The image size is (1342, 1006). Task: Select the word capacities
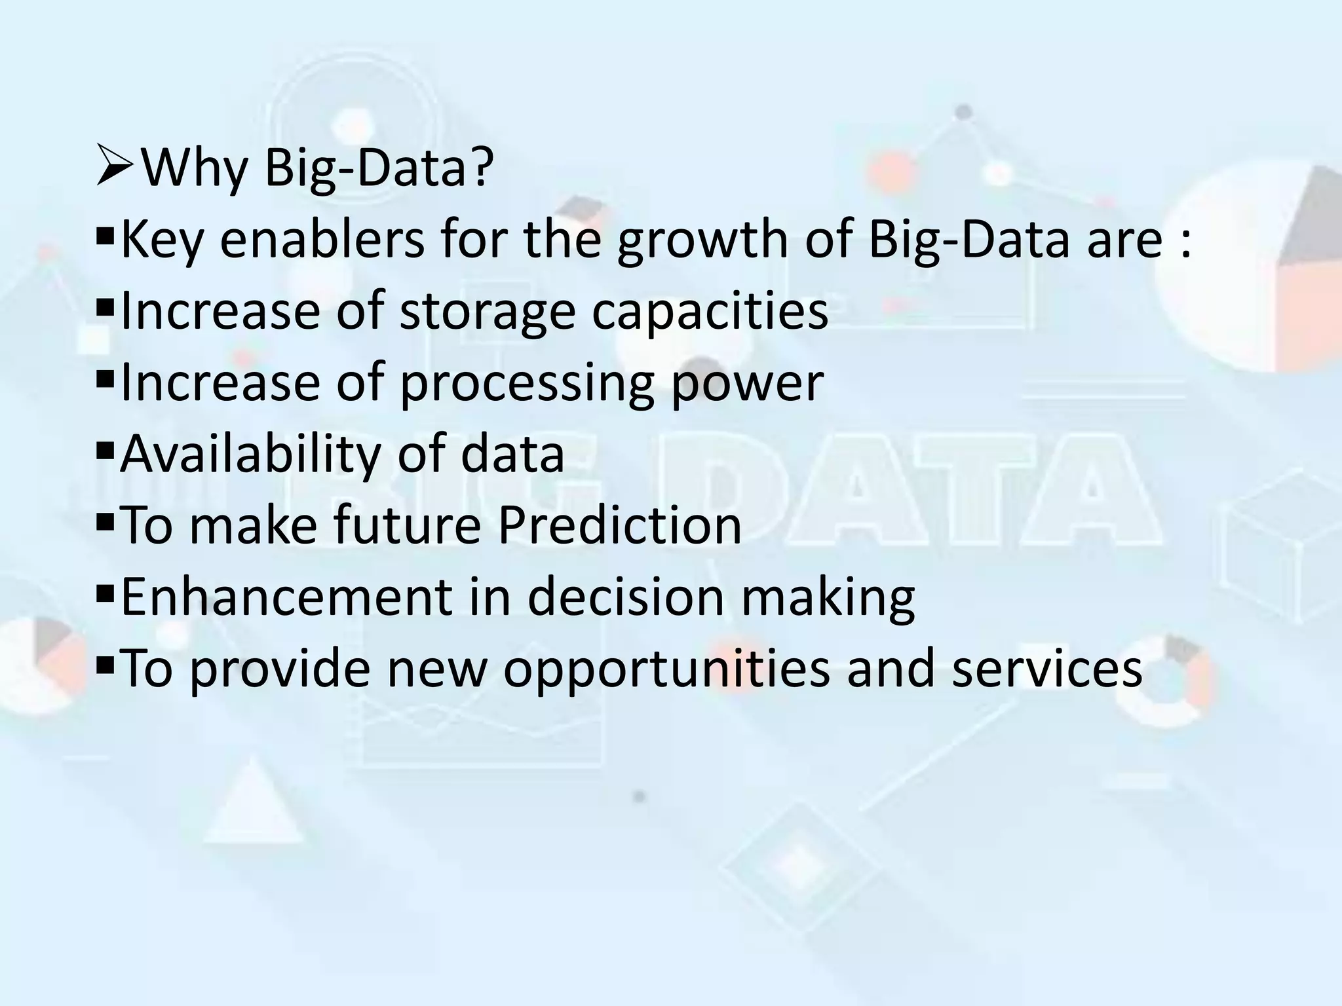point(710,312)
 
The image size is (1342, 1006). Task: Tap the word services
point(1046,668)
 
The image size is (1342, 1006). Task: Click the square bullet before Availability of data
point(104,451)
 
